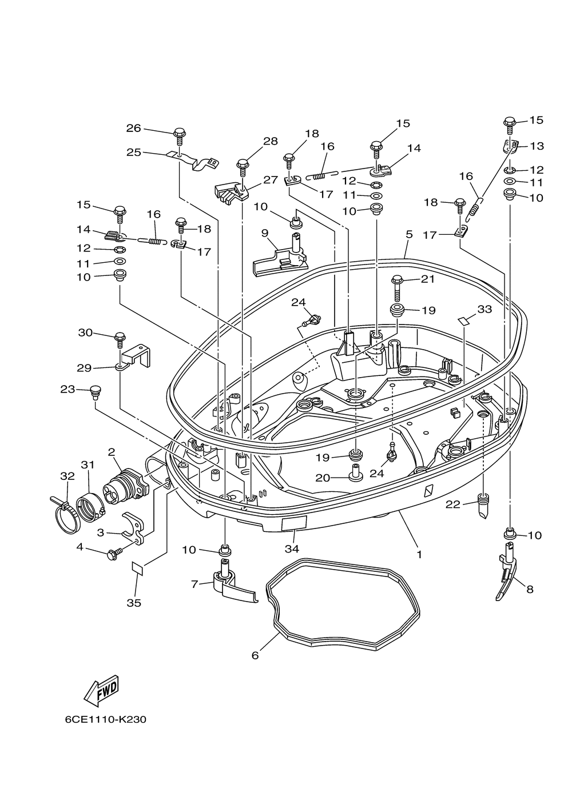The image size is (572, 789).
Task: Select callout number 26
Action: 134,128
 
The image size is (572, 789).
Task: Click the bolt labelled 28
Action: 243,167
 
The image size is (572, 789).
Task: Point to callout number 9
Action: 265,233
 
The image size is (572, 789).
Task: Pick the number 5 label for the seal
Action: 409,234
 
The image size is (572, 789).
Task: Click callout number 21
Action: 428,279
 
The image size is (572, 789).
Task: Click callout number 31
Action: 88,465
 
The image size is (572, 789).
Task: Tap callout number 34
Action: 292,548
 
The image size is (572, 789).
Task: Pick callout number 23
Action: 67,389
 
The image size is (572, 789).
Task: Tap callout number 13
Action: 537,146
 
